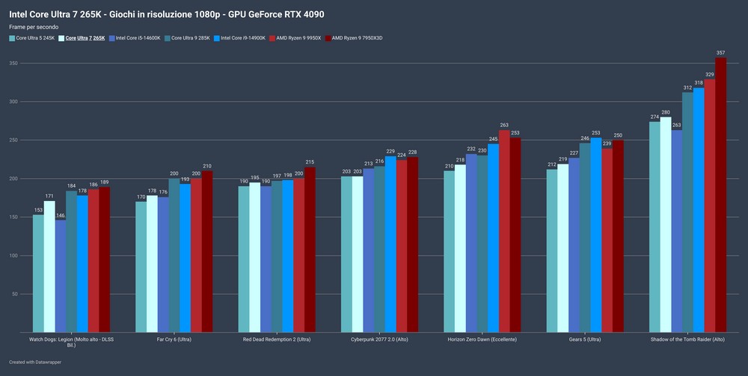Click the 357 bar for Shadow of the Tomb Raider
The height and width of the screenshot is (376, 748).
720,194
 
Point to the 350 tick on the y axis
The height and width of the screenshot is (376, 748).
13,63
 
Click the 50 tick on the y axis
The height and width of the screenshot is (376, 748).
14,294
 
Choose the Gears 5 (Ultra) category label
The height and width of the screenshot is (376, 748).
584,340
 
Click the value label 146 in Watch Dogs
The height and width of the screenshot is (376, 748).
61,215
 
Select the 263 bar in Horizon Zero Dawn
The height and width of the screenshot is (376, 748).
504,231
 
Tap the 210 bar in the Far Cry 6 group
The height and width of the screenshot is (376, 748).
207,251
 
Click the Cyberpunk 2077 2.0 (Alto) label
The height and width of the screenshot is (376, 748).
379,340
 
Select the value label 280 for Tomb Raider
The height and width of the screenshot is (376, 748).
665,112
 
